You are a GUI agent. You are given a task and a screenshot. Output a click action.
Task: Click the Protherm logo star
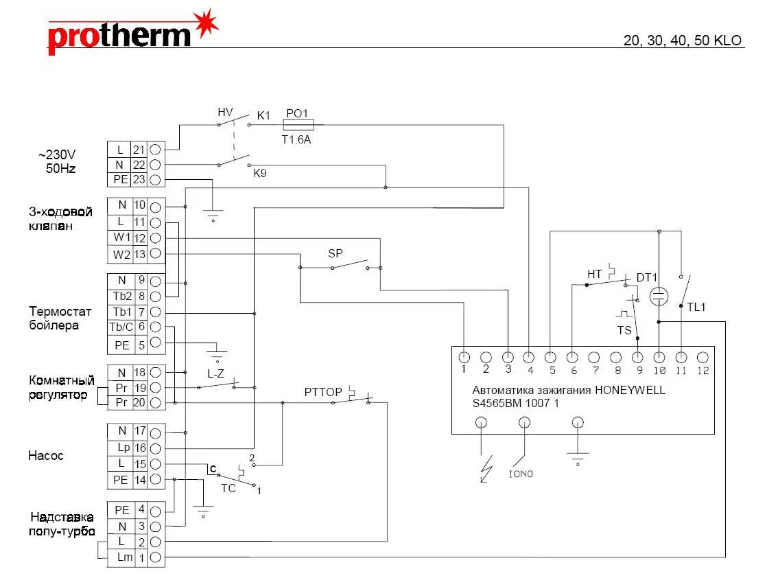206,25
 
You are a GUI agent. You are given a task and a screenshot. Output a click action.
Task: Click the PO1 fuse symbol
299,125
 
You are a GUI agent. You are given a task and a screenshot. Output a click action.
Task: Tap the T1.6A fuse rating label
297,139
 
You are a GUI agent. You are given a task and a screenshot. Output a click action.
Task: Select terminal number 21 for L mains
139,149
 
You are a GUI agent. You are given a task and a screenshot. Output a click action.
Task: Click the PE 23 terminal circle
156,180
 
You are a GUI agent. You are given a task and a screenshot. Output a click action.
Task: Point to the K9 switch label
259,174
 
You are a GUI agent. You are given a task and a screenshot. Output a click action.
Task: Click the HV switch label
225,112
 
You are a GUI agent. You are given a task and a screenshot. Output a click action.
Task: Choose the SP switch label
335,253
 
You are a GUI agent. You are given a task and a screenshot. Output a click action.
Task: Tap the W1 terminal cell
121,238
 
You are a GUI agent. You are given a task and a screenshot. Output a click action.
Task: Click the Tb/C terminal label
121,327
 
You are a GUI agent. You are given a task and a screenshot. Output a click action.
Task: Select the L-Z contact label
215,374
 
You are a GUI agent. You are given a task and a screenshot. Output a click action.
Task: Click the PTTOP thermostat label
323,392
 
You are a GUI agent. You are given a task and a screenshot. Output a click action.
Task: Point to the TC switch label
228,488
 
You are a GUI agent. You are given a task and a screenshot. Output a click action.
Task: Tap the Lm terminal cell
124,557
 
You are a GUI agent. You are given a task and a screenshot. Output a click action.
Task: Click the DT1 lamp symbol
659,296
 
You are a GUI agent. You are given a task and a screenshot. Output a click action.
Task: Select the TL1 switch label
696,308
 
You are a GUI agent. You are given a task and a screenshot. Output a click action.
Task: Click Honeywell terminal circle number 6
572,358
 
